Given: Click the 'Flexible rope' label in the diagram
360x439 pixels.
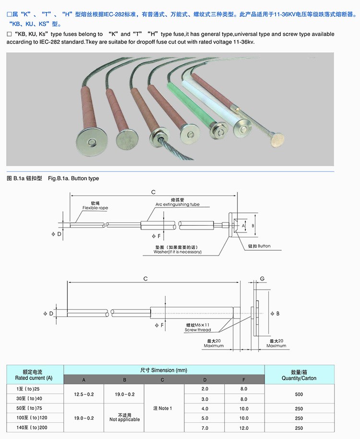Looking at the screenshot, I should pyautogui.click(x=95, y=208).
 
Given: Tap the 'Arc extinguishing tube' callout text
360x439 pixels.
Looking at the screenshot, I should pyautogui.click(x=177, y=204).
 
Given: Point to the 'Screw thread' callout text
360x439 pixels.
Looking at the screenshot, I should pyautogui.click(x=198, y=330).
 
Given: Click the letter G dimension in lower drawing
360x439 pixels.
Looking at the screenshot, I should pyautogui.click(x=262, y=278).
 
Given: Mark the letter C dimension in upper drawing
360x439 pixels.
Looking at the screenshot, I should pyautogui.click(x=153, y=192).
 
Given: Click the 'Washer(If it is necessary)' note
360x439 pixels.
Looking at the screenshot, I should pyautogui.click(x=177, y=252).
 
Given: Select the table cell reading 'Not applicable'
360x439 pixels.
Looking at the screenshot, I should pyautogui.click(x=125, y=419).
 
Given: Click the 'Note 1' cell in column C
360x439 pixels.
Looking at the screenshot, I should pyautogui.click(x=162, y=408).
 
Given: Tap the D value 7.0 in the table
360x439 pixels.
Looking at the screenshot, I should pyautogui.click(x=205, y=427).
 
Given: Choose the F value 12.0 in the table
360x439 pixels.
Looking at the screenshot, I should pyautogui.click(x=244, y=427).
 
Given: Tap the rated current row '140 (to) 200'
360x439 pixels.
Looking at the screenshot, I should pyautogui.click(x=33, y=427).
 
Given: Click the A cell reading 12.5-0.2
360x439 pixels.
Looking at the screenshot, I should pyautogui.click(x=84, y=394).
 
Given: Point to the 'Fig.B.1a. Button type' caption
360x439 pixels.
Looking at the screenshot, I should pyautogui.click(x=73, y=178).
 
